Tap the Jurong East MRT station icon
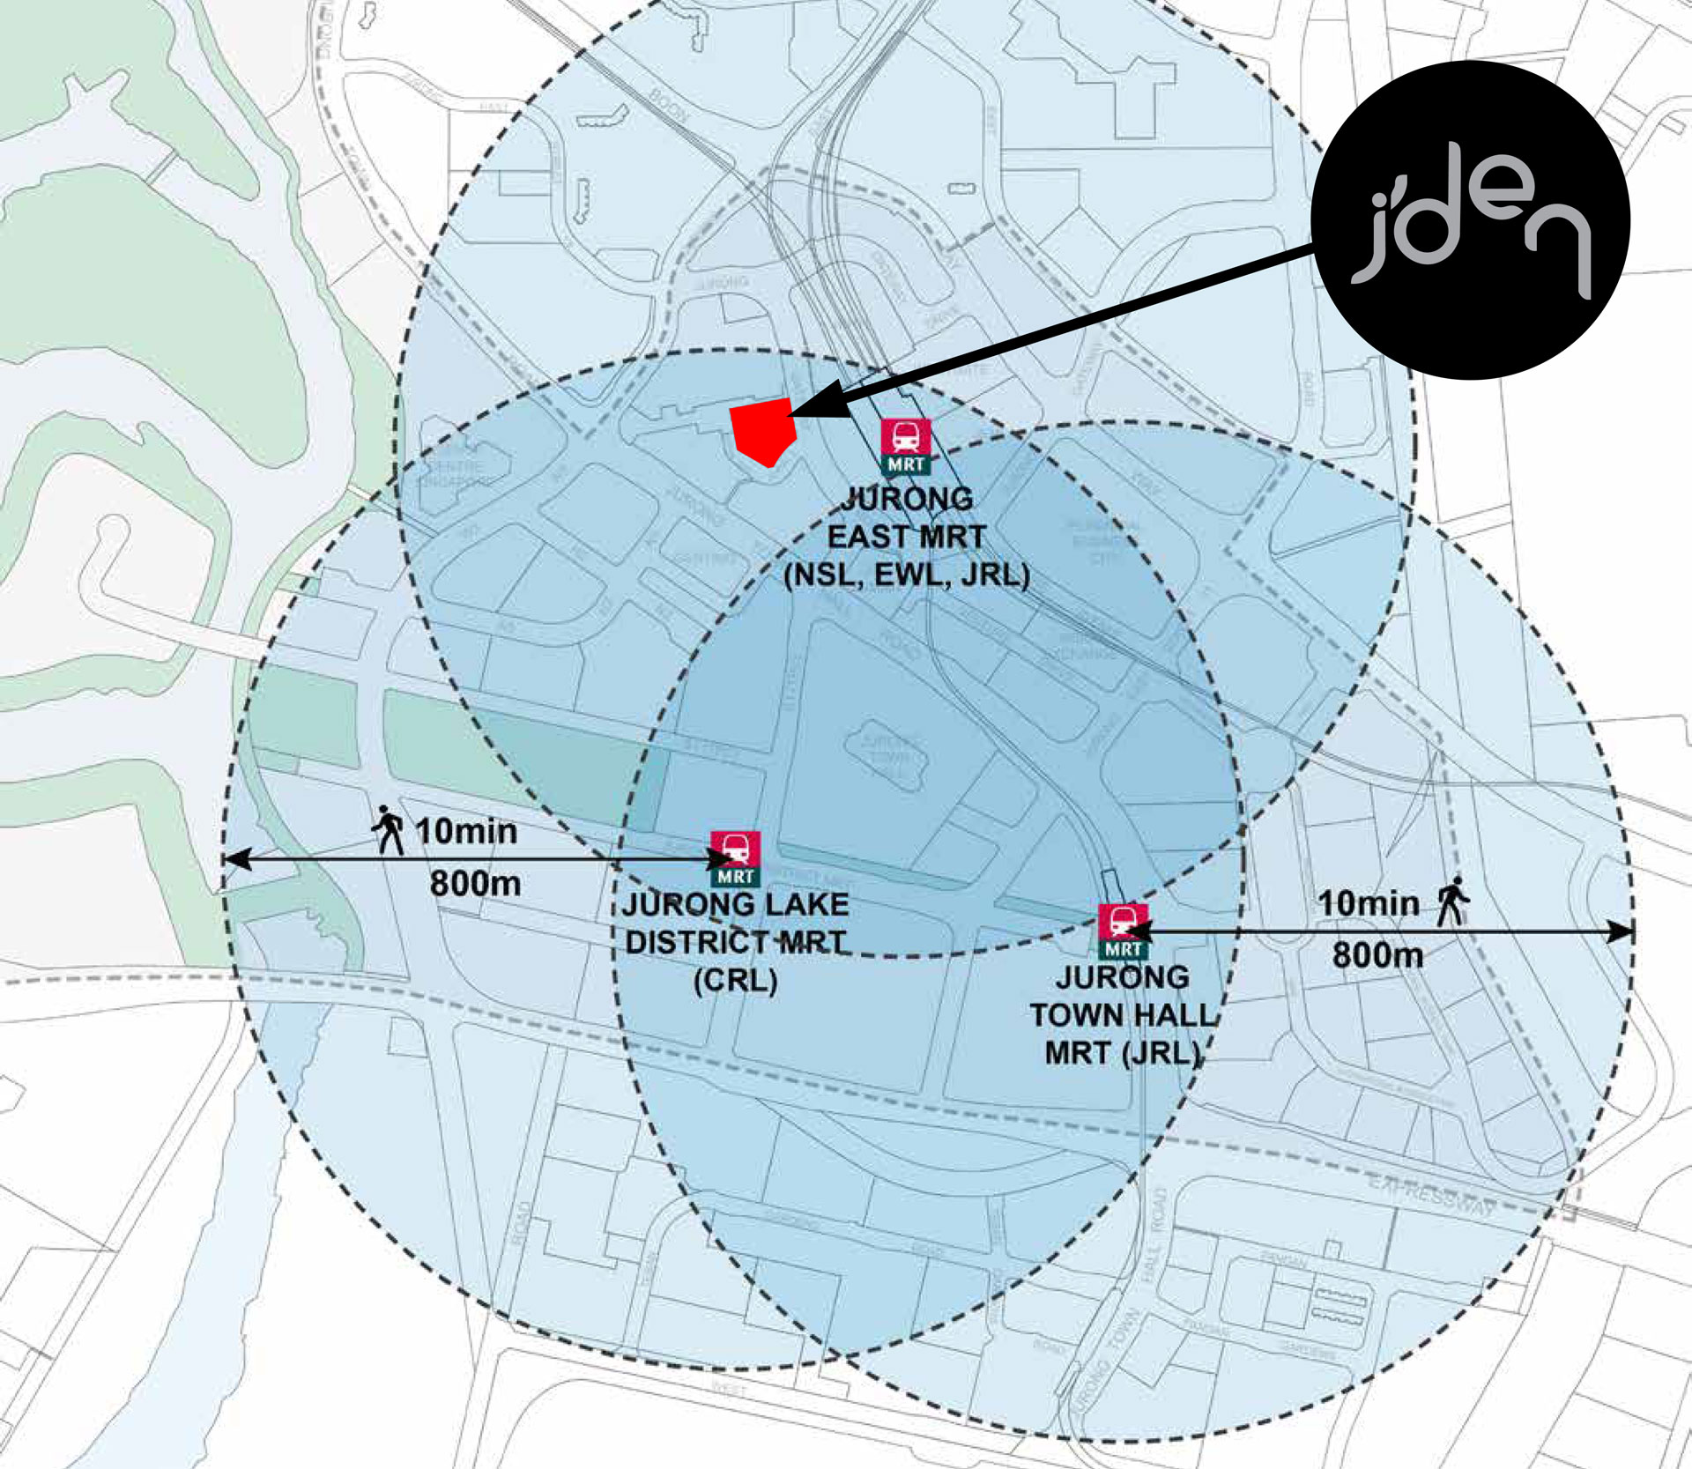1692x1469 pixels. (x=905, y=446)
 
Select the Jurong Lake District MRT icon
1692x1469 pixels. (x=735, y=857)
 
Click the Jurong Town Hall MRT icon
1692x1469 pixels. (x=1123, y=931)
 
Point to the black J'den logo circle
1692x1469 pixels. (x=1470, y=220)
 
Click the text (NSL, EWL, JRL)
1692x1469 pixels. (x=907, y=575)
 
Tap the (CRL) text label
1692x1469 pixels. (x=735, y=981)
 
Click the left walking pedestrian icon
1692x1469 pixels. (x=388, y=829)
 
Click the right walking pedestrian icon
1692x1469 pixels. (x=1452, y=901)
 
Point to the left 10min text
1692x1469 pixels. (x=465, y=831)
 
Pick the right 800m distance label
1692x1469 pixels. (x=1377, y=955)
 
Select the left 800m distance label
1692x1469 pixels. (x=475, y=883)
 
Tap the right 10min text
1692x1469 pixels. (x=1368, y=903)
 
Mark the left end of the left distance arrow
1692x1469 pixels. (x=227, y=859)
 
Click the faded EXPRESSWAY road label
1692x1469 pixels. (x=1431, y=1194)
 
